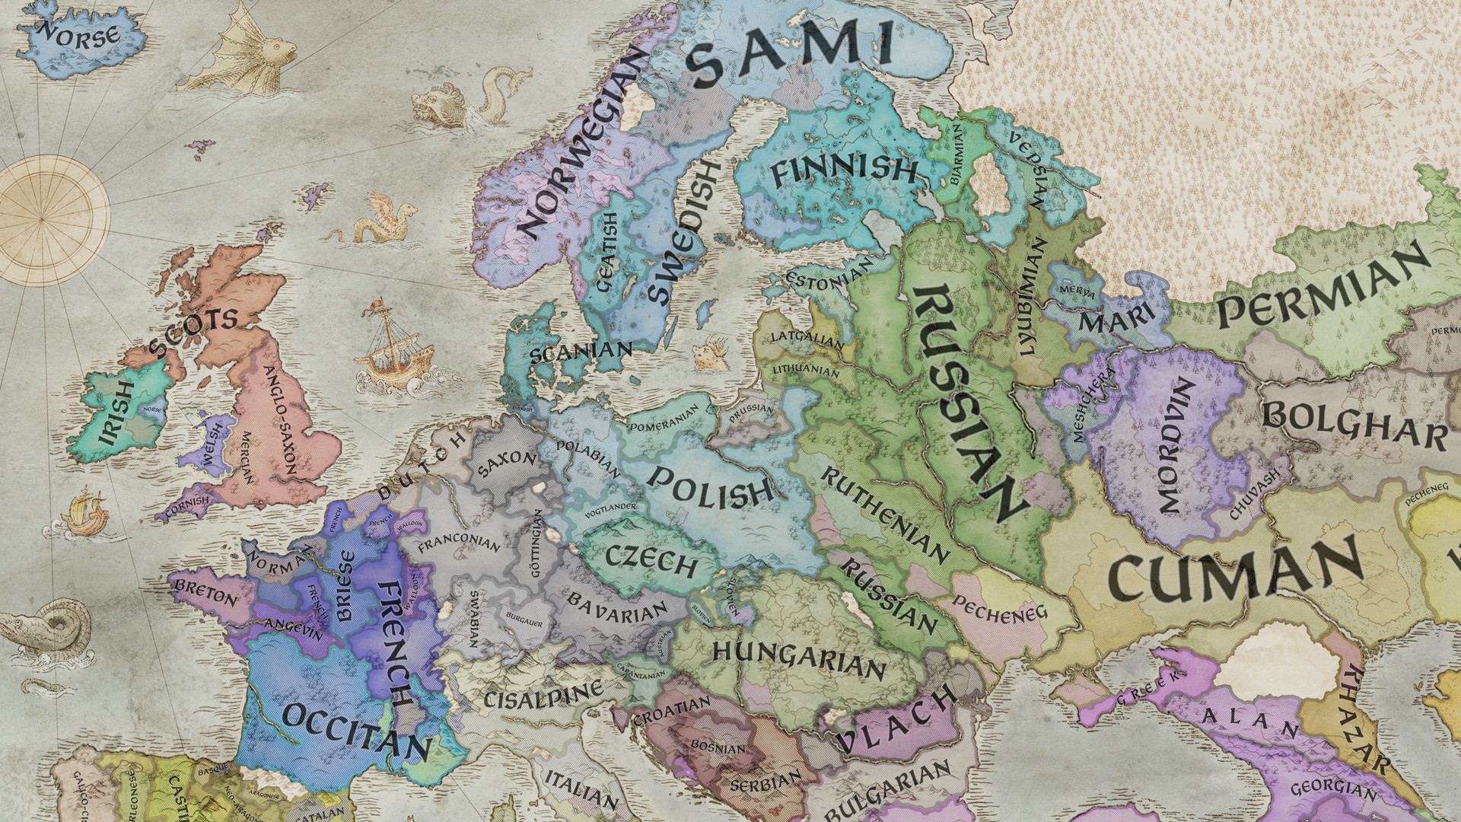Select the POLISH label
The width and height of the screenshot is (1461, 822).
pyautogui.click(x=709, y=487)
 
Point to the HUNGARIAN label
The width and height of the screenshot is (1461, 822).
pyautogui.click(x=799, y=659)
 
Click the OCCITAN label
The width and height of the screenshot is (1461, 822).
pyautogui.click(x=355, y=731)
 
